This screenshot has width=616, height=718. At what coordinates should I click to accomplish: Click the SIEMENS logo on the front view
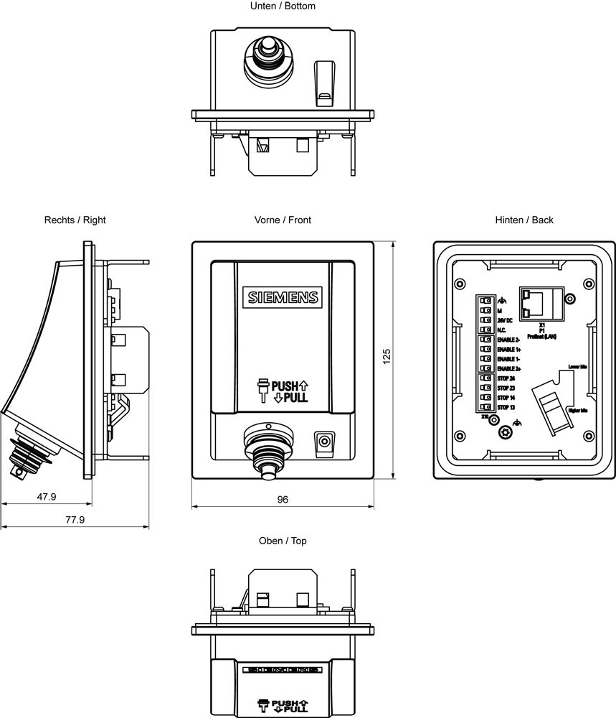[x=283, y=297]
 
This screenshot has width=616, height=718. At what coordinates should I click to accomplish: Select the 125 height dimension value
[x=387, y=357]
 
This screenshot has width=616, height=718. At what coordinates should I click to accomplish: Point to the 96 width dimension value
[x=283, y=500]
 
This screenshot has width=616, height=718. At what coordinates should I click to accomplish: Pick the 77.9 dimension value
[x=74, y=519]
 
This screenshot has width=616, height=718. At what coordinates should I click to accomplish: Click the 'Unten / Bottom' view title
[x=283, y=6]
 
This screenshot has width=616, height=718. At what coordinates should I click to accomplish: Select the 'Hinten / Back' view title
[x=524, y=220]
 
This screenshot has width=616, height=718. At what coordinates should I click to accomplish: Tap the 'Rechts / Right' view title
[x=75, y=220]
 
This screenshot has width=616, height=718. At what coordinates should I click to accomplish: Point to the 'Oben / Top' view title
[x=283, y=541]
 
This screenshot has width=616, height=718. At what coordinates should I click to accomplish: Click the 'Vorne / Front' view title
[x=283, y=220]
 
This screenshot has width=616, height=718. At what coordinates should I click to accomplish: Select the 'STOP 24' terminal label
[x=506, y=378]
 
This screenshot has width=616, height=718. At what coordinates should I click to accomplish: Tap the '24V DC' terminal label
[x=504, y=320]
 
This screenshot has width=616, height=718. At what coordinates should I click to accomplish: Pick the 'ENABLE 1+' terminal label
[x=508, y=349]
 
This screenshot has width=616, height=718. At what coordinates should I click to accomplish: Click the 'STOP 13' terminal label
[x=506, y=407]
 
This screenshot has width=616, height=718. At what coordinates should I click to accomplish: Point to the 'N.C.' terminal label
[x=502, y=330]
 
